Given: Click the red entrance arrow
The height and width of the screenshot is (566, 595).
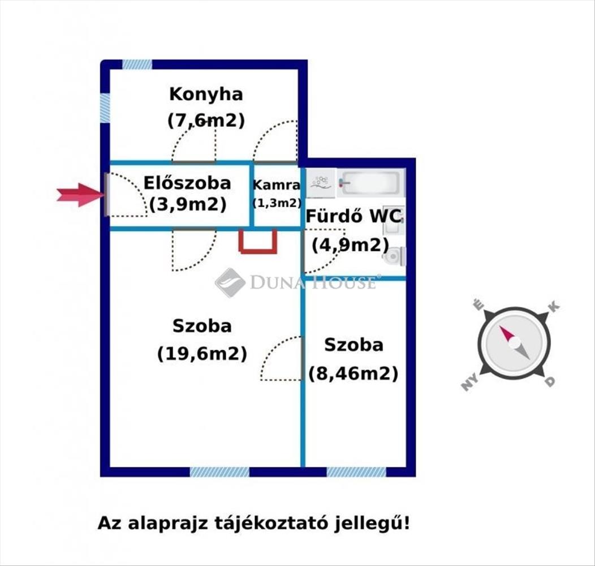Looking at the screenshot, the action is pyautogui.click(x=80, y=195).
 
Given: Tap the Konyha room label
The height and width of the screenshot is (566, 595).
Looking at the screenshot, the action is pyautogui.click(x=206, y=95).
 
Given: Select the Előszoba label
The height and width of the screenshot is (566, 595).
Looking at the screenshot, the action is pyautogui.click(x=187, y=183).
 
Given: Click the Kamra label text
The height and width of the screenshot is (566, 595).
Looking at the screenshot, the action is pyautogui.click(x=276, y=185).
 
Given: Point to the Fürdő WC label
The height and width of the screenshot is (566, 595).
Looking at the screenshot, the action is pyautogui.click(x=353, y=217).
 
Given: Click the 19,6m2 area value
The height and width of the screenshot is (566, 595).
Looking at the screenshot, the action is pyautogui.click(x=202, y=354).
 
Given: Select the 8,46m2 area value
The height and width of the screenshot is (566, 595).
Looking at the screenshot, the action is pyautogui.click(x=353, y=374).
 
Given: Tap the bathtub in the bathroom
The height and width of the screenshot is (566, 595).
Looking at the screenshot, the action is pyautogui.click(x=371, y=183).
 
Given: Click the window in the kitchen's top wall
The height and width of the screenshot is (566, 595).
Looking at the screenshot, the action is pyautogui.click(x=137, y=65).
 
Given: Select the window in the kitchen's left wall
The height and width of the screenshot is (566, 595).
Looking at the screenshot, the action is pyautogui.click(x=105, y=108).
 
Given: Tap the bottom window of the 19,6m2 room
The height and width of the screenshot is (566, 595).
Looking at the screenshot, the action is pyautogui.click(x=219, y=472).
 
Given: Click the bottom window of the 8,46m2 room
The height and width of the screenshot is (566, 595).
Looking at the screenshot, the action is pyautogui.click(x=356, y=472).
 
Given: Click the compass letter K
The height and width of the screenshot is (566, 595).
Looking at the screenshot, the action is pyautogui.click(x=554, y=307).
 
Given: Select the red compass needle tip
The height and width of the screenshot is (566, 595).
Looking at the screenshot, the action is pyautogui.click(x=501, y=328).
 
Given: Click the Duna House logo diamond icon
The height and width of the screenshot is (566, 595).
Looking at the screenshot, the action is pyautogui.click(x=230, y=282).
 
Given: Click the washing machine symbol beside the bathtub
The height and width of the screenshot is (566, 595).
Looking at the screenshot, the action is pyautogui.click(x=321, y=183).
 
